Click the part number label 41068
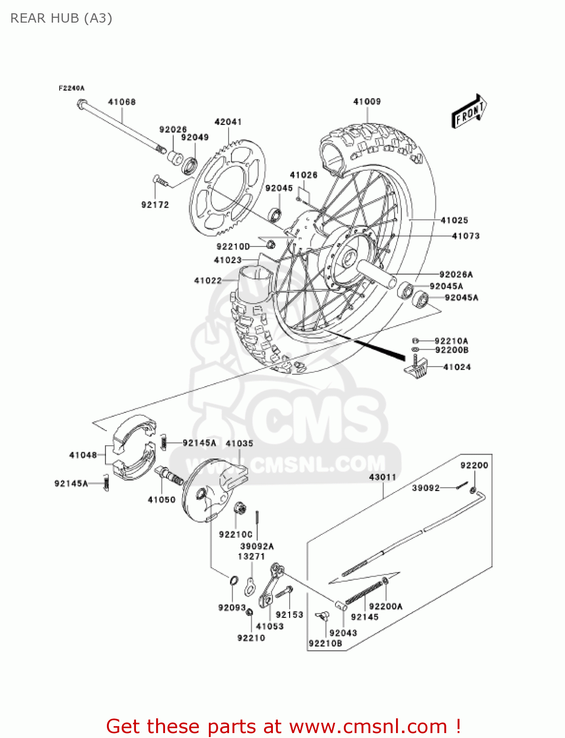122,102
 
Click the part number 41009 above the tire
366,101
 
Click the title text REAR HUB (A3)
61,18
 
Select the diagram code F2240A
71,88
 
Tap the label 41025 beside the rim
454,220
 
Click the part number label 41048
83,455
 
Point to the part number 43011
382,477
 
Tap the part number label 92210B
325,644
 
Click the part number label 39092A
257,546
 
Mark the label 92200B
452,350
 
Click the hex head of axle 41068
82,104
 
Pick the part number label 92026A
456,274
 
